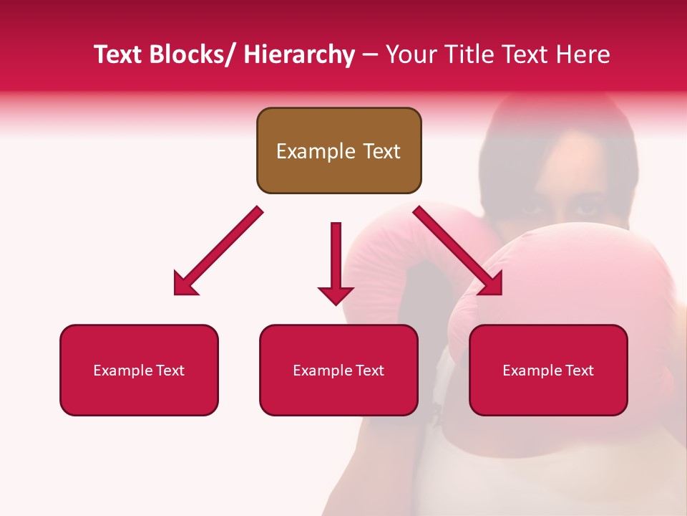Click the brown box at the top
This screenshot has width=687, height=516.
[338, 150]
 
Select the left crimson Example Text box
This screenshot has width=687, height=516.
[139, 370]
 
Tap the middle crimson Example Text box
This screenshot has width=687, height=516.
[338, 370]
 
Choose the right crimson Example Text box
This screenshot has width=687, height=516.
[548, 370]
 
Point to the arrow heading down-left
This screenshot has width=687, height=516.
[218, 251]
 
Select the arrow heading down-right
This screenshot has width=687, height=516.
[458, 251]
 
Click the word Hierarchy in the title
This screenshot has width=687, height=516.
[299, 54]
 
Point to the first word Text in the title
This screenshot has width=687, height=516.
[117, 54]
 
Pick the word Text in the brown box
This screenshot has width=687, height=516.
[380, 151]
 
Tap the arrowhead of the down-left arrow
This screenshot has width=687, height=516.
[184, 285]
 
